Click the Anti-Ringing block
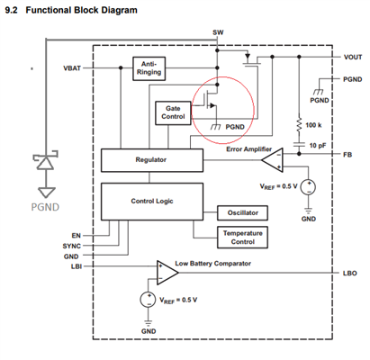(149, 68)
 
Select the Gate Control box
(173, 113)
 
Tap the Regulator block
(152, 160)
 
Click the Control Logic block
(152, 202)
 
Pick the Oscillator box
(242, 213)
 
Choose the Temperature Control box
(242, 238)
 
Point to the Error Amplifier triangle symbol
(273, 160)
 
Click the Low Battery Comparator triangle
(167, 273)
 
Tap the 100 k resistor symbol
(299, 125)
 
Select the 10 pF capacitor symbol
(299, 145)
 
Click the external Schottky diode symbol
(46, 160)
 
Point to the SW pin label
(218, 32)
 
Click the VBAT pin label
(72, 68)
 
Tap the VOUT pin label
(353, 57)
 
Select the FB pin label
(347, 155)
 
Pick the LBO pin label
(350, 274)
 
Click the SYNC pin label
(72, 246)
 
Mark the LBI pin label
(77, 266)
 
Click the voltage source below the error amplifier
(308, 187)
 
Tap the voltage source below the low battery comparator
(148, 300)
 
